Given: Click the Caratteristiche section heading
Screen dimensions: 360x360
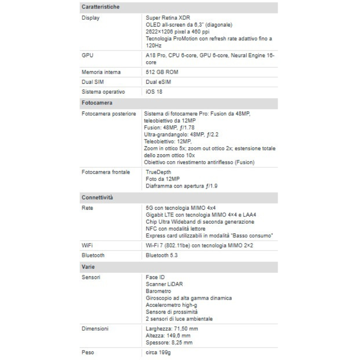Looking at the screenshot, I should [x=100, y=8].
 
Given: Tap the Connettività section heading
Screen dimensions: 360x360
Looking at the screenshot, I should [x=97, y=198].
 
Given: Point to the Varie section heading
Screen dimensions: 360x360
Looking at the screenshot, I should [x=88, y=267].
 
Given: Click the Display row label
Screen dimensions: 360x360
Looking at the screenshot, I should [x=90, y=18].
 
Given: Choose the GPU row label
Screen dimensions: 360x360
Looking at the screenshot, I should [x=88, y=55].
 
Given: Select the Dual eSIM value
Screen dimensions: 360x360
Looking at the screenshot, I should [x=158, y=82].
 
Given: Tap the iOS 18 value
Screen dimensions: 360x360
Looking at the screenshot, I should [x=154, y=92].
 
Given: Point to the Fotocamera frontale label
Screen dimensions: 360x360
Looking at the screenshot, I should [x=106, y=172].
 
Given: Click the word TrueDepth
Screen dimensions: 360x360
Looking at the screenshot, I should [x=158, y=172].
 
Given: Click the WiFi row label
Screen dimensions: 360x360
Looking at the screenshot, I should [x=87, y=246].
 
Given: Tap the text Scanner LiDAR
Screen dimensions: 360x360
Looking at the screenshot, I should [x=165, y=284].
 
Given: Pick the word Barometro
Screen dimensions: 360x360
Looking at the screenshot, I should [x=158, y=291].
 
